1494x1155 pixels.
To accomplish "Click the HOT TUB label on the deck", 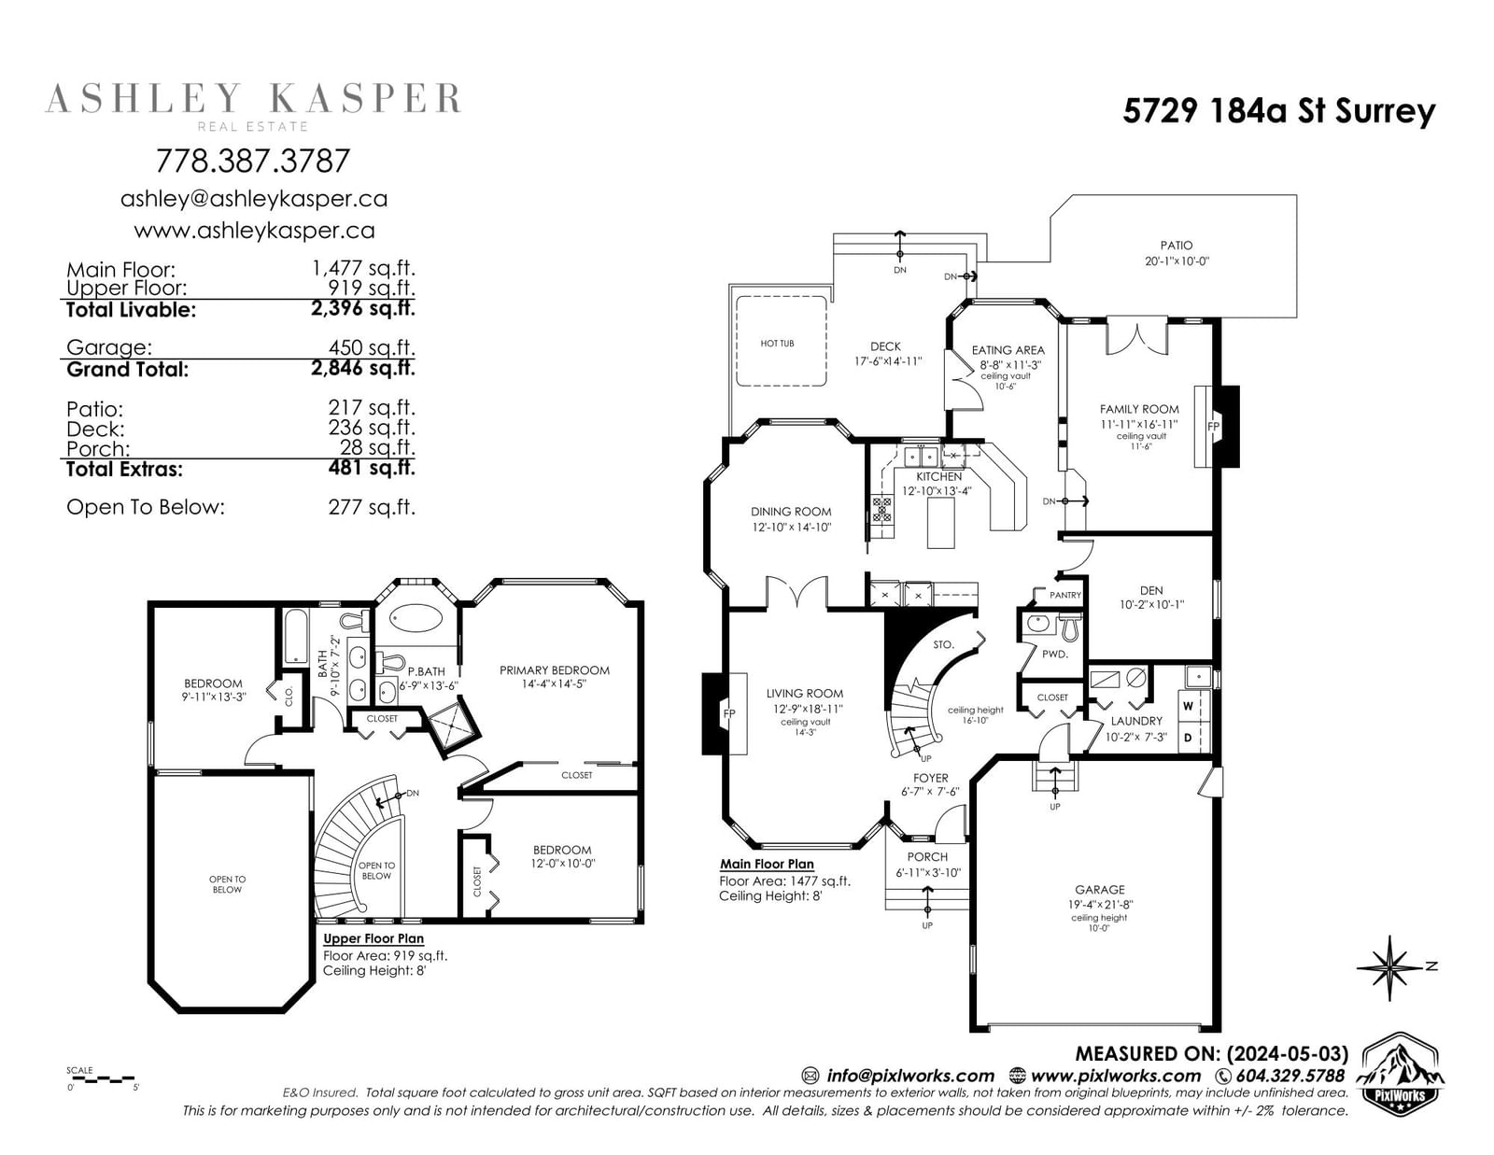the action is [x=777, y=343].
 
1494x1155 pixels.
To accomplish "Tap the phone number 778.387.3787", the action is [x=253, y=161].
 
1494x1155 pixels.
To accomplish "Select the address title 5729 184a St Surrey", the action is [x=1279, y=111].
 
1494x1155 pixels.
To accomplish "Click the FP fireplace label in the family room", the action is [x=1214, y=427].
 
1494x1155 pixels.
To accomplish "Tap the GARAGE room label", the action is [x=1100, y=890].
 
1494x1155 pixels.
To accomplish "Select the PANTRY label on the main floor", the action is [x=1065, y=595].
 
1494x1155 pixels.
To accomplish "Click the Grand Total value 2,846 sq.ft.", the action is [x=363, y=369].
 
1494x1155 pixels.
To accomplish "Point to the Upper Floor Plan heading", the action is [x=373, y=938].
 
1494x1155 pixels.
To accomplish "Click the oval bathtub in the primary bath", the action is [x=416, y=619].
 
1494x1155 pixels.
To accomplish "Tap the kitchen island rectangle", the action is [x=940, y=523].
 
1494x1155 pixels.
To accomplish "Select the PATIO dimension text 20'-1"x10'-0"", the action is [x=1177, y=261].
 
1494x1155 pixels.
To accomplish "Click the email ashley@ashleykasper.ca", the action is [x=254, y=200].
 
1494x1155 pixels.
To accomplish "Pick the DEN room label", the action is [x=1151, y=590].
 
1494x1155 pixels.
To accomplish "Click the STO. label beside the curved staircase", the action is [x=943, y=645].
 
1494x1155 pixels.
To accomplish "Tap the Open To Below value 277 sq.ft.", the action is [x=372, y=507].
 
